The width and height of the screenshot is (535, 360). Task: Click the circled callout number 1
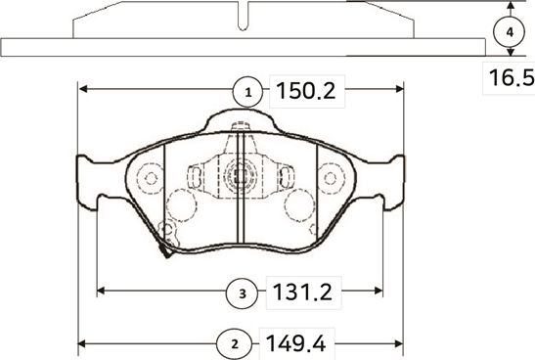[x=248, y=92]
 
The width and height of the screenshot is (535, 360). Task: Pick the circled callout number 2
[x=233, y=343]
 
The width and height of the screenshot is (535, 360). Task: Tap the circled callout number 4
[x=508, y=32]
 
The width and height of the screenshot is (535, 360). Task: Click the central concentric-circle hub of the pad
[x=240, y=176]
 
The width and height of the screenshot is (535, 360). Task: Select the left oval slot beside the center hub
[x=195, y=176]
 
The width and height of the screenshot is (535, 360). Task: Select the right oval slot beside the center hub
[x=286, y=176]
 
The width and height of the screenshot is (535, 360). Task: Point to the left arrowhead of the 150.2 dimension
[x=82, y=88]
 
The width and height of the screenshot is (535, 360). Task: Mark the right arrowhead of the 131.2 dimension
[x=378, y=291]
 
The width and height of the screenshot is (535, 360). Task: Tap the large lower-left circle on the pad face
[x=181, y=206]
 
